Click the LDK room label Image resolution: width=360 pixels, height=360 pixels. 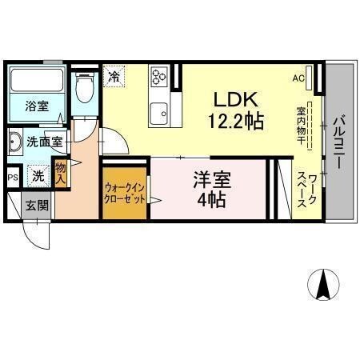233,99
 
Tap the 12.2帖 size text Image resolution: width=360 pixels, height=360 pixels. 233,121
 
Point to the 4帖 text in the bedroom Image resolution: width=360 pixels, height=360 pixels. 210,198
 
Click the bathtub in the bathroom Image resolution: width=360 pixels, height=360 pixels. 37,81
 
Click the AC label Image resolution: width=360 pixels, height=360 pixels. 298,78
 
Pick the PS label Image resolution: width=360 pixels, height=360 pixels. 12,178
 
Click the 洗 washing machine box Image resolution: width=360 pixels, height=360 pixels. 38,175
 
